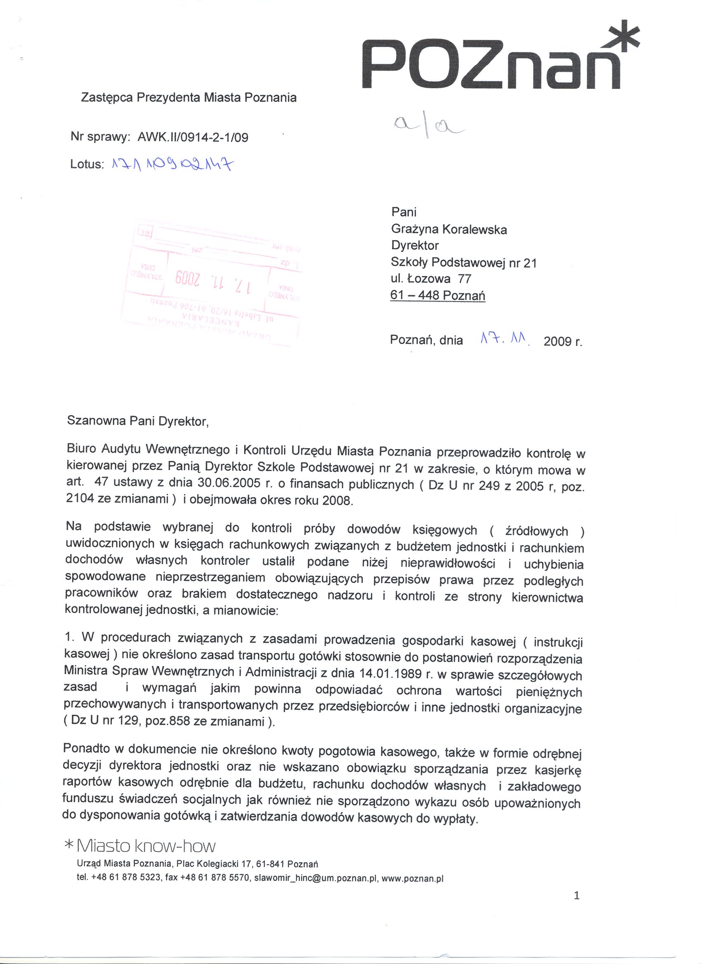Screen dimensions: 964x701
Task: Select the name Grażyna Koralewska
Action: pos(449,229)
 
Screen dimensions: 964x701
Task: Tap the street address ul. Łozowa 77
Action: pos(431,279)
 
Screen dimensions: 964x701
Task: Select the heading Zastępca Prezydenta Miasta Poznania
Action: pos(189,98)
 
